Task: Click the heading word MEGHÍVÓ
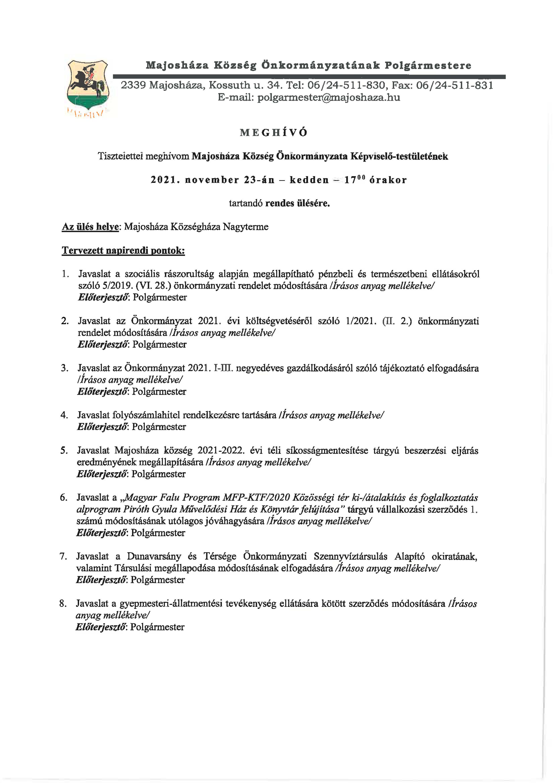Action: click(x=274, y=133)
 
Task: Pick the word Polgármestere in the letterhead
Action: click(x=428, y=65)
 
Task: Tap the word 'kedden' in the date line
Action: click(x=309, y=180)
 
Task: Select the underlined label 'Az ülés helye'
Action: click(x=90, y=227)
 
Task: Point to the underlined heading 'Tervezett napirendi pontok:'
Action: click(x=123, y=251)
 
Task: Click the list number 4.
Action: click(x=64, y=415)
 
